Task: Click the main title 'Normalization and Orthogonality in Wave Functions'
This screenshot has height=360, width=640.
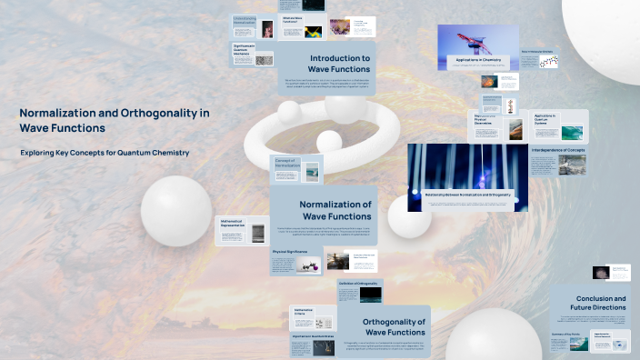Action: [x=115, y=120]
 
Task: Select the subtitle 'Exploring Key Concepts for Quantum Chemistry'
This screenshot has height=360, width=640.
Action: [x=105, y=153]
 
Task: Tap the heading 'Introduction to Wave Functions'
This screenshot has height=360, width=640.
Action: [x=338, y=63]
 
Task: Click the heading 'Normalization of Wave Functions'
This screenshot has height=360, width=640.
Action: [x=335, y=210]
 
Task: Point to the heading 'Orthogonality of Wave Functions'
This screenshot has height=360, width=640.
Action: [x=394, y=327]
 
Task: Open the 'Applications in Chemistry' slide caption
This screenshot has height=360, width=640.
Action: [x=478, y=60]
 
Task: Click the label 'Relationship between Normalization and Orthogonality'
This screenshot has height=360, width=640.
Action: [x=467, y=195]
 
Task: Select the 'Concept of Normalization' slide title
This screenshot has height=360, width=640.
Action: [x=286, y=163]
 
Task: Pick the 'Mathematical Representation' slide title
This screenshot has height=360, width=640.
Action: [x=234, y=222]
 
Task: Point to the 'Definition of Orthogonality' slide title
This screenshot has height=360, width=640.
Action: [x=357, y=284]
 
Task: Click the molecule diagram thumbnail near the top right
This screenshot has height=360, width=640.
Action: [x=548, y=59]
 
